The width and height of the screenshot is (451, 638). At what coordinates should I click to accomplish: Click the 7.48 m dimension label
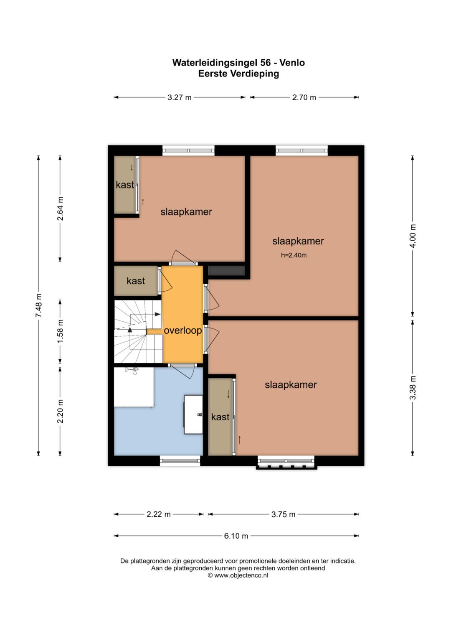(x=39, y=305)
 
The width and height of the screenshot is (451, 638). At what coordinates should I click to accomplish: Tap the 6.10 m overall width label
(x=236, y=536)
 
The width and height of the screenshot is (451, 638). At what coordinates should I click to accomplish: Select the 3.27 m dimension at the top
(x=180, y=97)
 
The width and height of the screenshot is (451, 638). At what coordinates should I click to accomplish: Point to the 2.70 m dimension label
(x=304, y=97)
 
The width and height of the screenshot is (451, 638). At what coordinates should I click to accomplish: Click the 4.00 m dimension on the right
(x=413, y=236)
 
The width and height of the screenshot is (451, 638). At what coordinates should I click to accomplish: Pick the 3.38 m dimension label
(x=413, y=388)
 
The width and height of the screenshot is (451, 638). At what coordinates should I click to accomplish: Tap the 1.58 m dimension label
(x=61, y=331)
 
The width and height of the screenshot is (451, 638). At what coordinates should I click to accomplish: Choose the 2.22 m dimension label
(x=159, y=514)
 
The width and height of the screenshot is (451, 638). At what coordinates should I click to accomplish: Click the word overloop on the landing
(x=183, y=330)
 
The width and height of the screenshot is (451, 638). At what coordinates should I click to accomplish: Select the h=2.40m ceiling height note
(x=294, y=255)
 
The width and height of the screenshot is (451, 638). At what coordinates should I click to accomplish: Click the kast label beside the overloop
(x=136, y=281)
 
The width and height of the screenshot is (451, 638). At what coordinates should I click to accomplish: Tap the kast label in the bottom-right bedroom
(x=220, y=417)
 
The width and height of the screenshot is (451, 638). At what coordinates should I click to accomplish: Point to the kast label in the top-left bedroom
(x=125, y=185)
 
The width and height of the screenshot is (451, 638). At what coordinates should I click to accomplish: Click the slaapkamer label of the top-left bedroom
(x=186, y=212)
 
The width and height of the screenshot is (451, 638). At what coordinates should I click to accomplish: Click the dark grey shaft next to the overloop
(x=227, y=271)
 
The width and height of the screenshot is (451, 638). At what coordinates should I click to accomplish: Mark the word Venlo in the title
(x=292, y=63)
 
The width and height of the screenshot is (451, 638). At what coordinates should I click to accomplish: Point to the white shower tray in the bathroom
(x=134, y=387)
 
